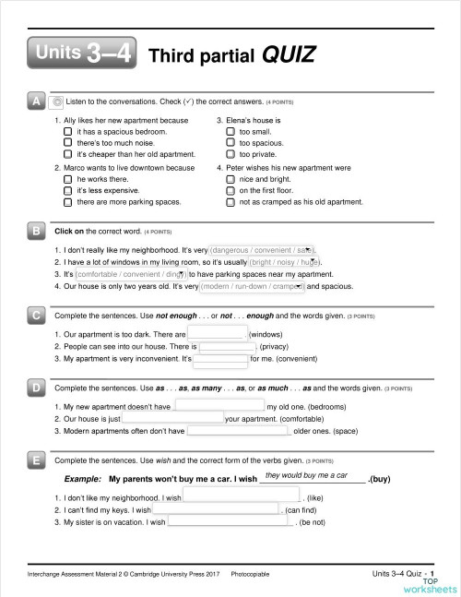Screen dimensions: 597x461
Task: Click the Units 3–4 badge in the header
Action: [82, 54]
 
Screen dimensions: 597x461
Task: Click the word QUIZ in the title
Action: [289, 55]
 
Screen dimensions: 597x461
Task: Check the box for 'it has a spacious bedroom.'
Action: [67, 132]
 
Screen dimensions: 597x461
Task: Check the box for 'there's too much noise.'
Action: [67, 143]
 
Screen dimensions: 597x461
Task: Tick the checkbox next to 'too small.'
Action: [230, 132]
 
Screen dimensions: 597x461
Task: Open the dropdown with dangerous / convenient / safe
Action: [263, 250]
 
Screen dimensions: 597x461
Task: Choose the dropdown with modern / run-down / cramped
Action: [253, 286]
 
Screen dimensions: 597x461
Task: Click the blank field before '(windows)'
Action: [218, 333]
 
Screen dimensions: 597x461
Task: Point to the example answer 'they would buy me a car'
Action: [305, 474]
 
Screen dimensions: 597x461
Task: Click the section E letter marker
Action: [36, 460]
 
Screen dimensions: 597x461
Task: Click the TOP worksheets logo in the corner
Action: [427, 585]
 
